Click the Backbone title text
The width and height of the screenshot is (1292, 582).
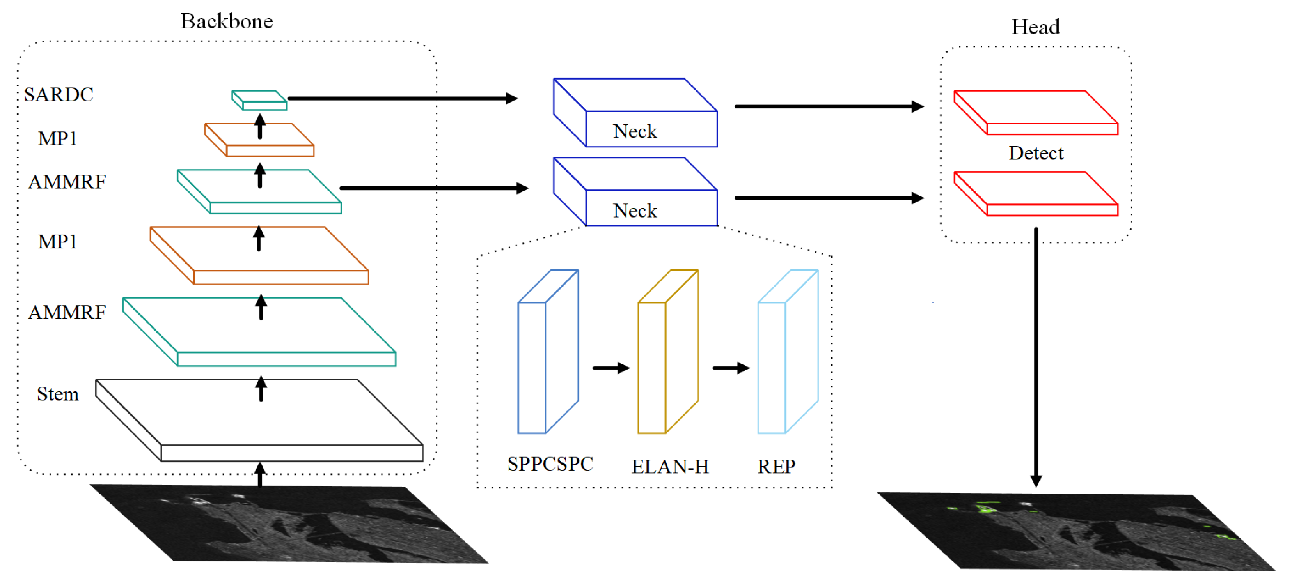[x=227, y=21]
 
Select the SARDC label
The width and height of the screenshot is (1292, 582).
[x=59, y=94]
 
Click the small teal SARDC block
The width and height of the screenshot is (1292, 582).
[x=259, y=100]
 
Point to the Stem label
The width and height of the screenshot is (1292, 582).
[x=58, y=394]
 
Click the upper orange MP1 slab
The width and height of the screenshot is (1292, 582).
[x=259, y=140]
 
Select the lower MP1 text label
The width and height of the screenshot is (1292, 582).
[x=58, y=242]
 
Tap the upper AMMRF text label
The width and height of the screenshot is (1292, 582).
[x=67, y=182]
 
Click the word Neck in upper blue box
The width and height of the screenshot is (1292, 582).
[x=634, y=131]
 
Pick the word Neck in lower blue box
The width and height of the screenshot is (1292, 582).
[x=634, y=211]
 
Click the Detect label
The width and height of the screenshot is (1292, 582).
[x=1035, y=153]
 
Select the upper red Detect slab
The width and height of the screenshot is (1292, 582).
[x=1036, y=113]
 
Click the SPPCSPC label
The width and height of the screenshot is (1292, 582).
[x=550, y=464]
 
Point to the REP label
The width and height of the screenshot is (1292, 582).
[x=776, y=467]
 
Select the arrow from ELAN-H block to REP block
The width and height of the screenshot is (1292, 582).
[x=730, y=368]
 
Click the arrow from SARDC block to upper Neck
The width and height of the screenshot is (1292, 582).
[x=401, y=98]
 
